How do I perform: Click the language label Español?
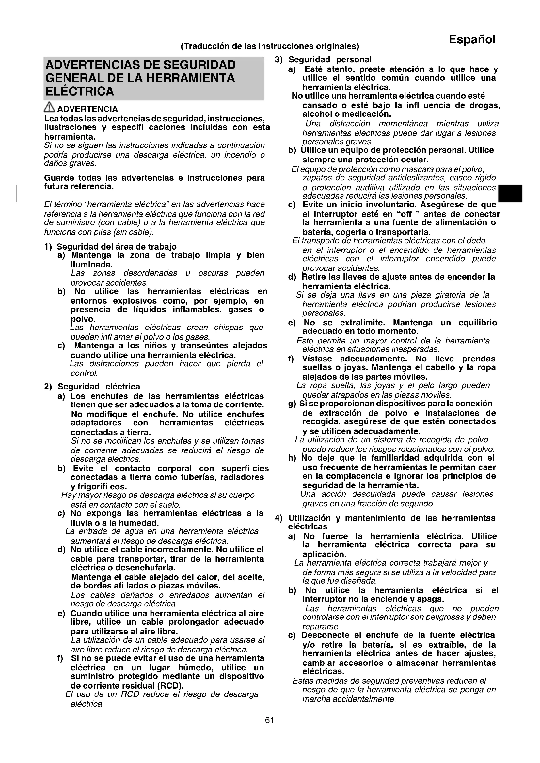click(472, 39)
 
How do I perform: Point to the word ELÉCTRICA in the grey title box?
click(79, 91)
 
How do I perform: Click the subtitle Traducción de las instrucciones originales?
click(270, 46)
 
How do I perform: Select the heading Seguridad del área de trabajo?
click(116, 247)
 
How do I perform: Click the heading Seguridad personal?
click(329, 60)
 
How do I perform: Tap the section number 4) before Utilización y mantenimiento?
click(279, 518)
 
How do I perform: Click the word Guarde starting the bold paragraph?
click(58, 178)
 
